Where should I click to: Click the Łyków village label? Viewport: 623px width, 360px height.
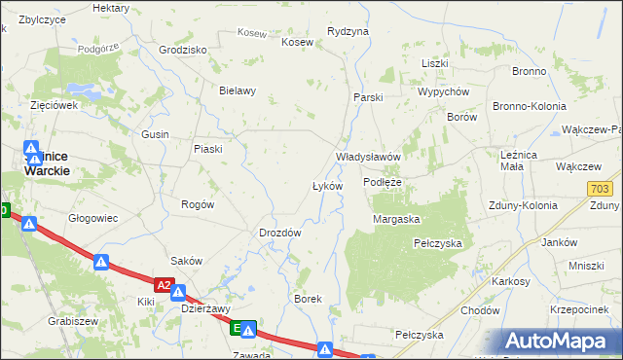click(327, 185)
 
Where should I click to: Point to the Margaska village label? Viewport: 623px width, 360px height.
click(396, 219)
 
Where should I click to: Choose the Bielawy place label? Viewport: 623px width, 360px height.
click(238, 91)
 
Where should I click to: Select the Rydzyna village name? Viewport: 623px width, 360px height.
click(348, 31)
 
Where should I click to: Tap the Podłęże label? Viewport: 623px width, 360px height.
click(383, 182)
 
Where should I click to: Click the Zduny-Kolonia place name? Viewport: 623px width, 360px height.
click(525, 205)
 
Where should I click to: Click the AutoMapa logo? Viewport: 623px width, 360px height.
click(561, 342)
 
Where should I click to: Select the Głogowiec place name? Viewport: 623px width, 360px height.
click(92, 218)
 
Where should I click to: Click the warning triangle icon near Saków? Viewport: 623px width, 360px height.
click(101, 262)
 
